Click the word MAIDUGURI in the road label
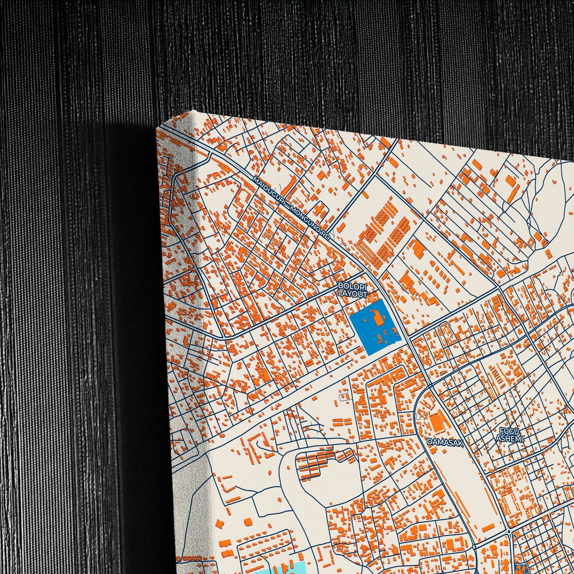(x=270, y=193)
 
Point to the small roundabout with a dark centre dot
(x=509, y=532)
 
